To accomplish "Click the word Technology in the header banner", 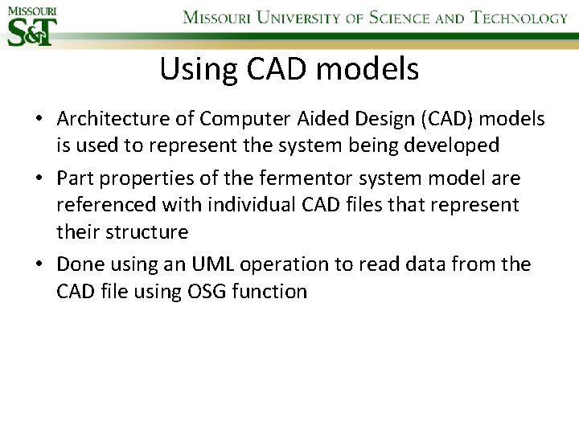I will click(519, 18).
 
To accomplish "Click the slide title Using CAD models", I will click(289, 70).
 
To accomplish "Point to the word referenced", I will click(106, 205).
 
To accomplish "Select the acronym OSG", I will click(204, 291).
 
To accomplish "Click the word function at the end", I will click(269, 291).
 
